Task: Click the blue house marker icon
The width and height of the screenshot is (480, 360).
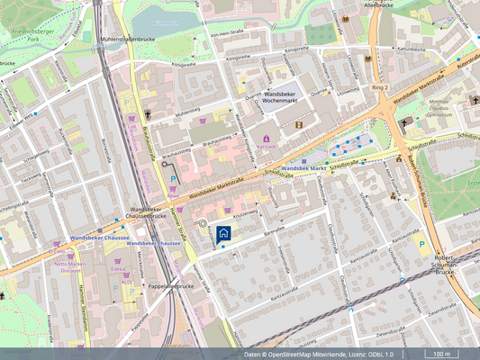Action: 224,233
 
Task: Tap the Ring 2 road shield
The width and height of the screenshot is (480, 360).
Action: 379,88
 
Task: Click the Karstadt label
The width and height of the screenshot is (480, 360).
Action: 267,146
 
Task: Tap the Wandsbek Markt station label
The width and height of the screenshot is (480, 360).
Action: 301,168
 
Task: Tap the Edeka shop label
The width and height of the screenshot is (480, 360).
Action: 119,269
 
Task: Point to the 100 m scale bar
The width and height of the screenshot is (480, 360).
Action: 441,355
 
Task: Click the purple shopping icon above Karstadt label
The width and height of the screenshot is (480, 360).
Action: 267,137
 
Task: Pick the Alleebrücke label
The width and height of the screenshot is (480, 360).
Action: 377,5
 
